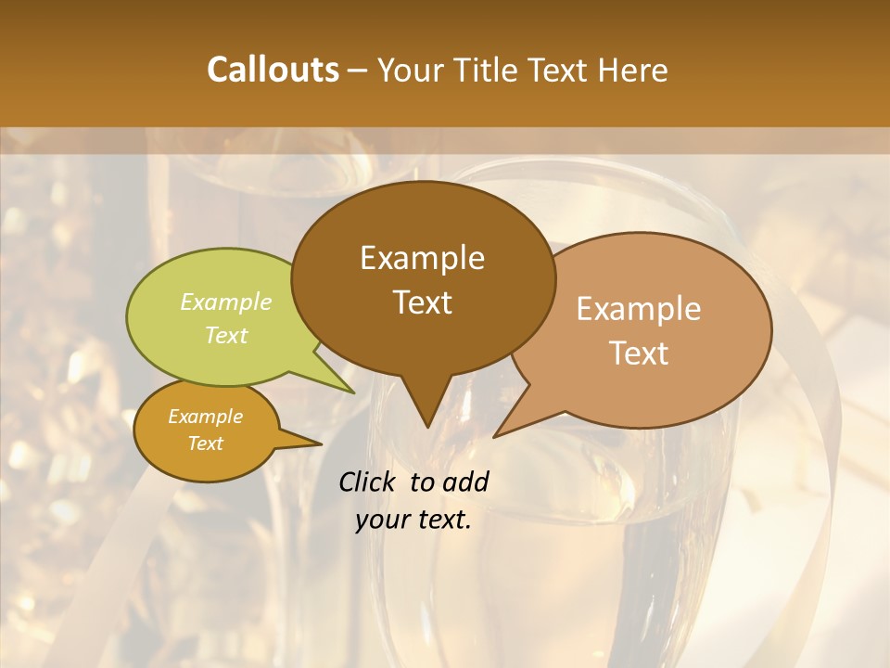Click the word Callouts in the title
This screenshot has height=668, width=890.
pos(273,70)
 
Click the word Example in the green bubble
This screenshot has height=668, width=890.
pos(226,302)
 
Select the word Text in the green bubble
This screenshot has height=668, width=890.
pos(226,335)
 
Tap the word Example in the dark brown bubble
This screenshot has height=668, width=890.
pos(422,258)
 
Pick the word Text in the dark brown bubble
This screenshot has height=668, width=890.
pos(422,302)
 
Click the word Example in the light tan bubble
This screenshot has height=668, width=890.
pos(639,309)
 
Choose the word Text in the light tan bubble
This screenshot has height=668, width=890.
pos(639,353)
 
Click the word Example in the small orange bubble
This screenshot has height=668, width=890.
pos(205,417)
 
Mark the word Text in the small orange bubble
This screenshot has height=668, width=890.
pos(205,443)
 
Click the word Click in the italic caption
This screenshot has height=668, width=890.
pos(368,482)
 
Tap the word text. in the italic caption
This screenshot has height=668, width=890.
pos(441,520)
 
